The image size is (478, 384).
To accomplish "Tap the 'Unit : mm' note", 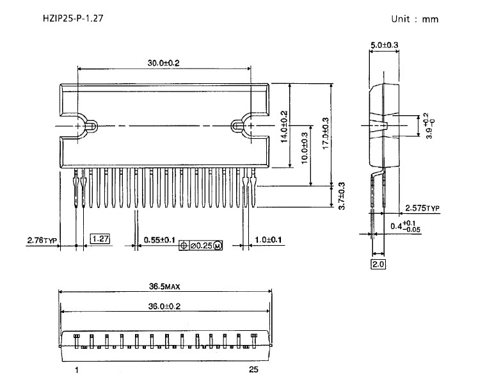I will tap(415, 19).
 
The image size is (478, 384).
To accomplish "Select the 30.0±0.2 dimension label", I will tap(163, 62).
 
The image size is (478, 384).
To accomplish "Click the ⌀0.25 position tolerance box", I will tap(201, 245).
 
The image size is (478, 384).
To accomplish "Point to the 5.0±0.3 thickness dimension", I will tap(385, 45).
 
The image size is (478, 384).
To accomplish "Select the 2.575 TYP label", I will tap(423, 209).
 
